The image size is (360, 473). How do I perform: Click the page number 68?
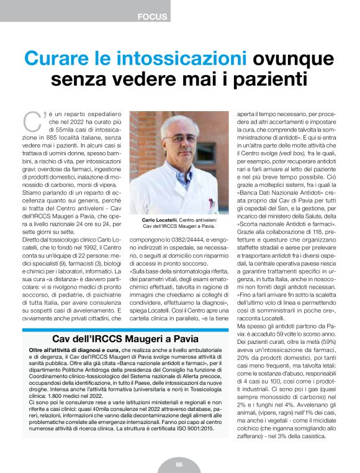pyautogui.click(x=179, y=464)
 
